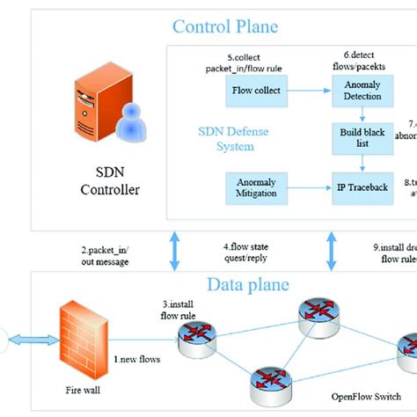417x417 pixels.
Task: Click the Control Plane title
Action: click(x=224, y=27)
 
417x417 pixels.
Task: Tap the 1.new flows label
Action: click(x=137, y=358)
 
